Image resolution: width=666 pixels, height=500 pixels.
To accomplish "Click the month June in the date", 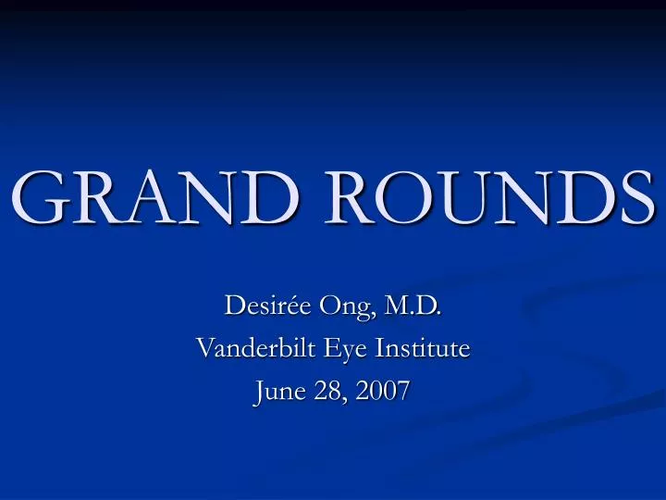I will [x=276, y=393].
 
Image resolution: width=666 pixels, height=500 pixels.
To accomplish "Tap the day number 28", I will [x=323, y=393].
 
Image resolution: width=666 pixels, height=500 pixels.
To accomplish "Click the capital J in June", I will [x=258, y=393].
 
